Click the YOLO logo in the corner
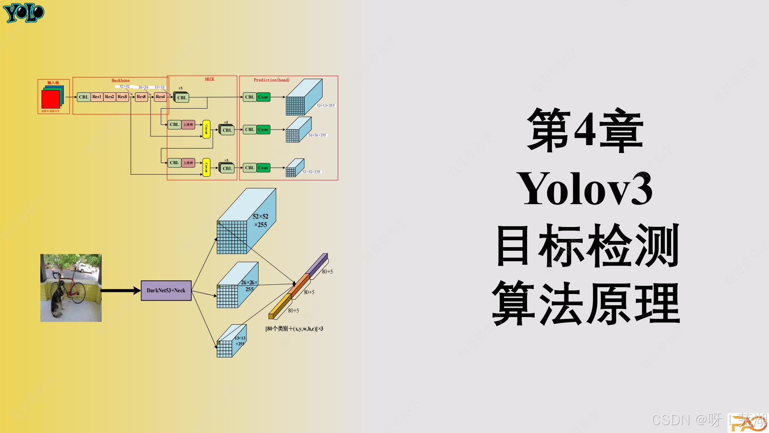(24, 13)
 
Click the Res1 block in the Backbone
(97, 97)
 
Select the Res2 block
(109, 97)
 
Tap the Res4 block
(160, 97)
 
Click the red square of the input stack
(50, 99)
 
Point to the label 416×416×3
(50, 111)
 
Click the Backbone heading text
(120, 80)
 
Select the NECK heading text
(209, 79)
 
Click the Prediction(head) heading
(271, 80)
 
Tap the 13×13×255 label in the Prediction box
(326, 105)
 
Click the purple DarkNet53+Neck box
(166, 290)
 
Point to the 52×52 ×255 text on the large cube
(260, 220)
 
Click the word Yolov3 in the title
(584, 190)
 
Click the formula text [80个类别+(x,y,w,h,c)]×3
(294, 329)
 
